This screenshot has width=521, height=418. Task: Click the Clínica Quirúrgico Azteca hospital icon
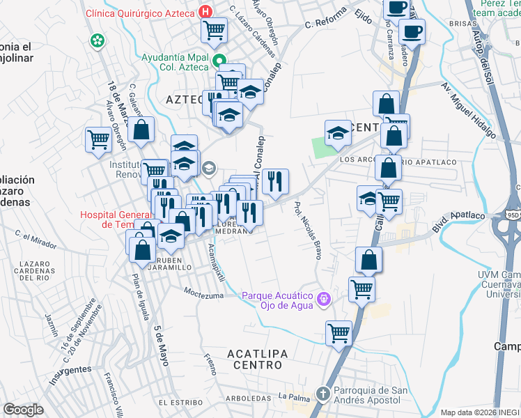pos(205,13)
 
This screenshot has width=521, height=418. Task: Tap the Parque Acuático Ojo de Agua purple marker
pos(323,300)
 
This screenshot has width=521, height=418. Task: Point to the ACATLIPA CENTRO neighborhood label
pos(257,359)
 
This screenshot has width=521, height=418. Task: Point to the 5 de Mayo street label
pos(162,346)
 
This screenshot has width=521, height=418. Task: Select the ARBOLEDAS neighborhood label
pos(248,398)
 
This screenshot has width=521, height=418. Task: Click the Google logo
pos(23,410)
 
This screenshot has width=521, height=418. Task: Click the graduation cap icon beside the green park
pos(338,132)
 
